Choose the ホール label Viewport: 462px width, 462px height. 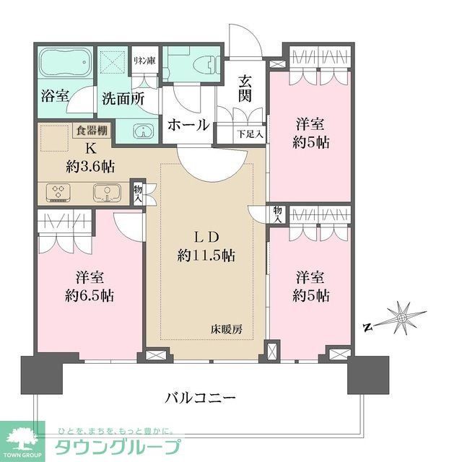pyautogui.click(x=188, y=125)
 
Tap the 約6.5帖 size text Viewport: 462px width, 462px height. pyautogui.click(x=89, y=295)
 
